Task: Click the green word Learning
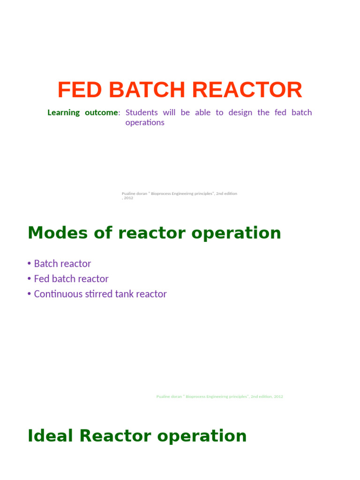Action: tap(64, 112)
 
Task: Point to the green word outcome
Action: tap(102, 112)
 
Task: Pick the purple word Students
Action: tap(142, 112)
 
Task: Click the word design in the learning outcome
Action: tap(240, 112)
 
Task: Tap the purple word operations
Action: tap(145, 123)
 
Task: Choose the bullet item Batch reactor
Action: tap(62, 264)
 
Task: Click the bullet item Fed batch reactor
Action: tap(71, 279)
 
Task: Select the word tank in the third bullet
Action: tap(125, 294)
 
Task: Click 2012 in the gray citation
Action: tap(128, 198)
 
